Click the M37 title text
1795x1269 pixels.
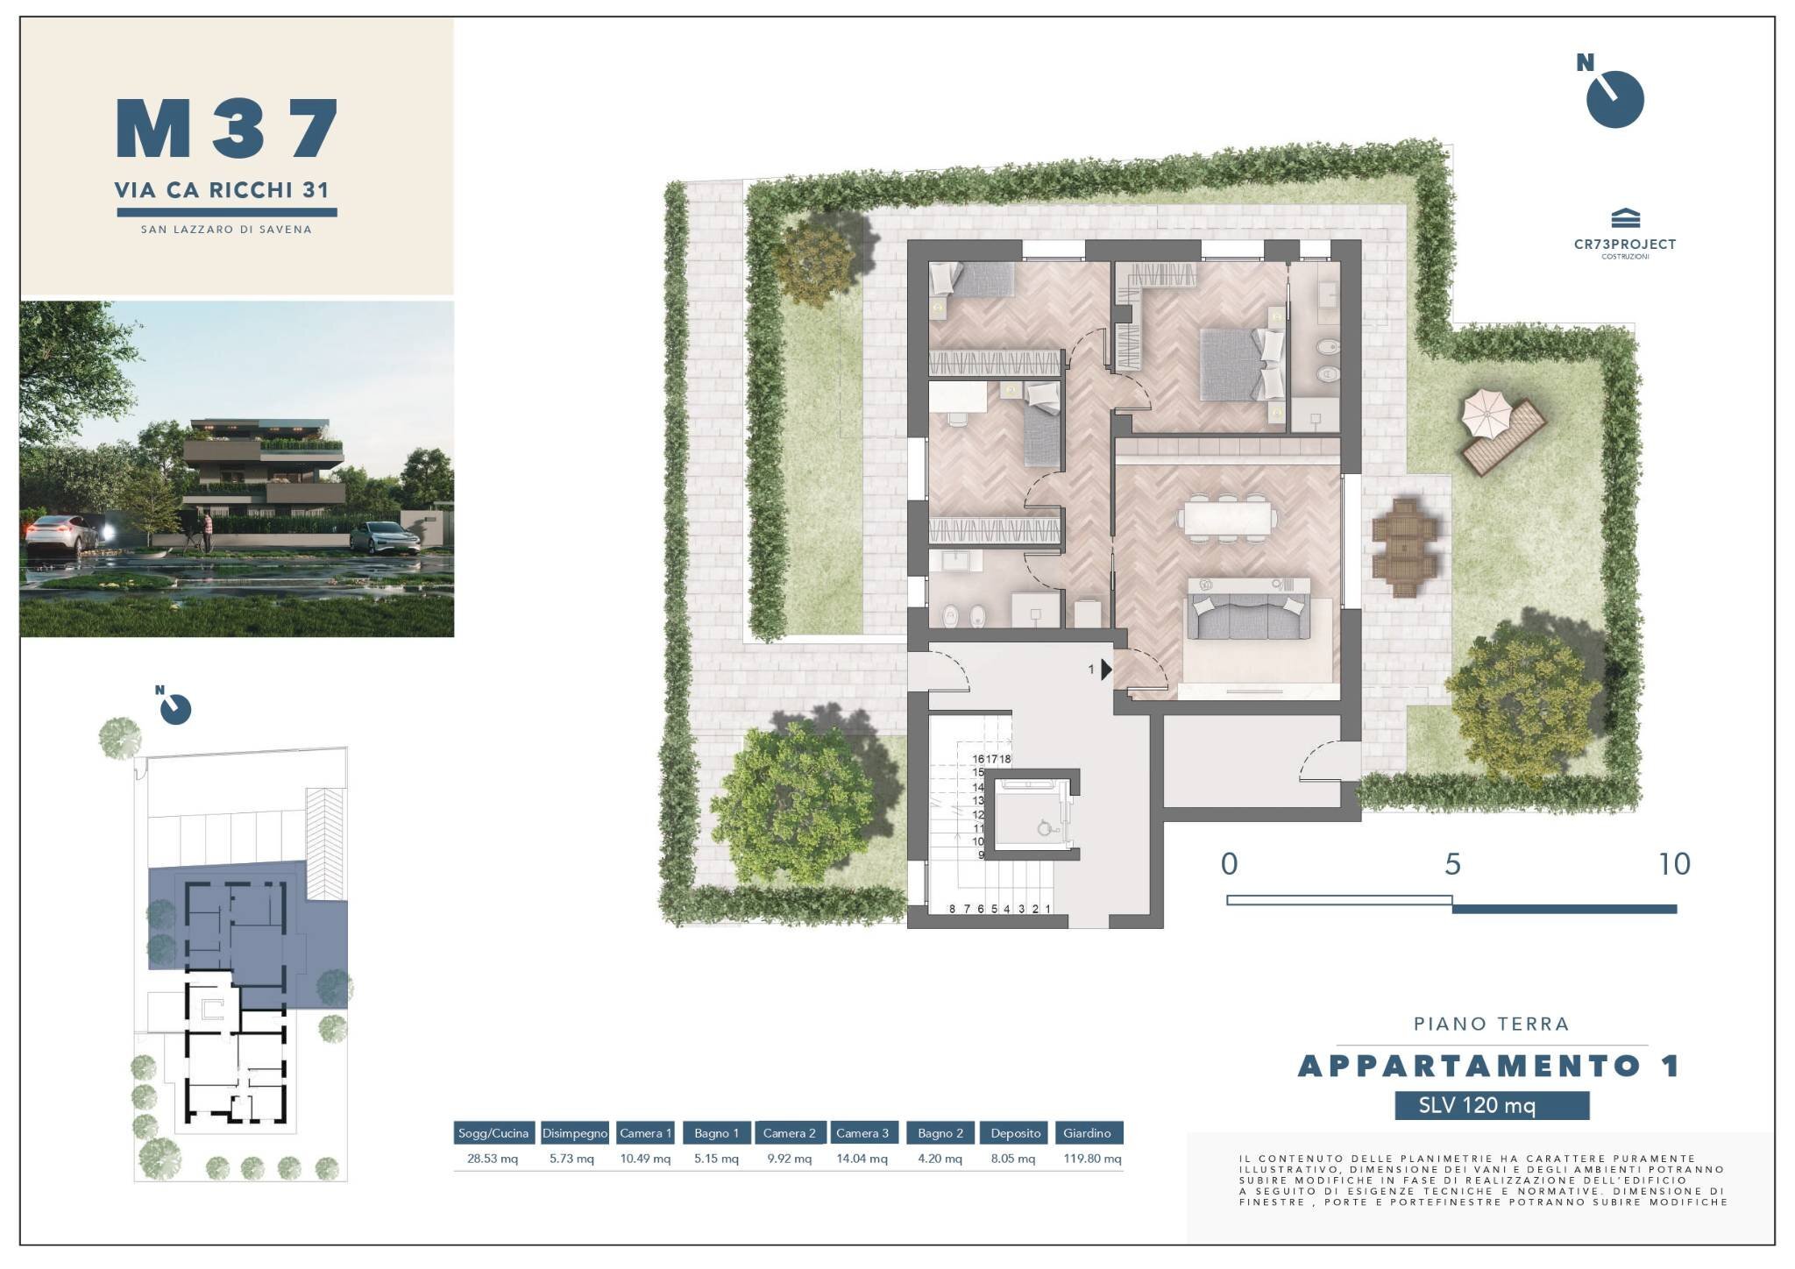click(227, 129)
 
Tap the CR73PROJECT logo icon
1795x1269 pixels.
click(1625, 218)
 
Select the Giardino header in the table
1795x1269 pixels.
click(1087, 1133)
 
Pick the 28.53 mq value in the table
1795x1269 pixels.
click(493, 1159)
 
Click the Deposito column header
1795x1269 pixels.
click(1015, 1133)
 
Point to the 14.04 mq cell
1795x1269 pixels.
click(862, 1159)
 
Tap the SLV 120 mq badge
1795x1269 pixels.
click(1492, 1105)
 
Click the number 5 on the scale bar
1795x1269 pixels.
click(1452, 865)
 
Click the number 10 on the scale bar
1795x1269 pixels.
click(1674, 865)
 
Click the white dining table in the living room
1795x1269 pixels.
click(1226, 517)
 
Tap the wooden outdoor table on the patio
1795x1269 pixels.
click(1405, 547)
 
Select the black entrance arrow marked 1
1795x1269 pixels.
click(1106, 670)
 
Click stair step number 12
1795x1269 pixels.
click(978, 815)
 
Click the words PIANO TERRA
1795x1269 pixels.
click(1491, 1024)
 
